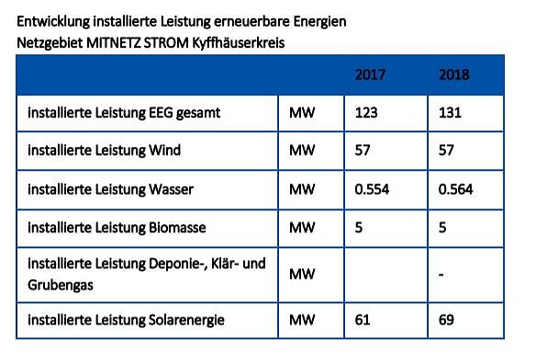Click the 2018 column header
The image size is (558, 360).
pos(455,73)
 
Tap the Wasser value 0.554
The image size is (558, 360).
pos(374,189)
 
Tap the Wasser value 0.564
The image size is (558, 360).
pos(457,189)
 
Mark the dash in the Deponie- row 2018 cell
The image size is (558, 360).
pos(442,275)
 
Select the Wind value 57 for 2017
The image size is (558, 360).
pos(363,152)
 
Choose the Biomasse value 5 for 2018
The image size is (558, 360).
pos(443,227)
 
